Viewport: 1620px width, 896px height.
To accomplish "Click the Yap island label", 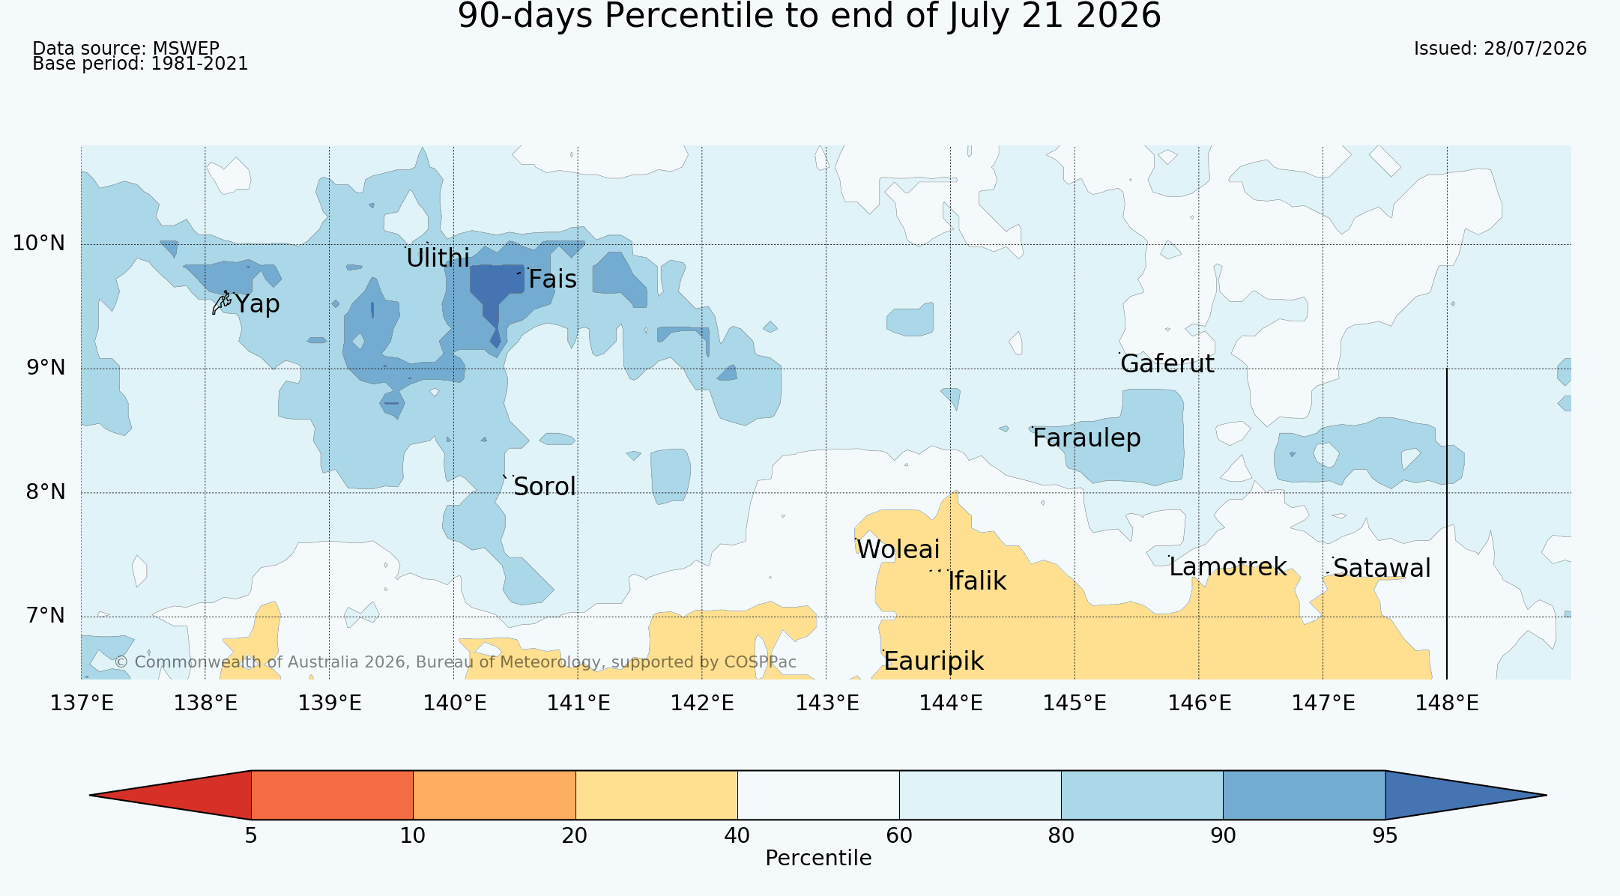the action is (x=257, y=304).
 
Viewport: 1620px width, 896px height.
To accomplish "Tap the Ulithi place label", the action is (x=438, y=258).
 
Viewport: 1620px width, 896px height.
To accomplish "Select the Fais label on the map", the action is (x=552, y=279).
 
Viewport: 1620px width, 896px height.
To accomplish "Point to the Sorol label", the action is (x=545, y=487).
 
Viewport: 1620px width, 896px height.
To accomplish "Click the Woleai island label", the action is (x=898, y=550).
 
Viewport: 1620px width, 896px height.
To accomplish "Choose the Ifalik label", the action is (x=977, y=581).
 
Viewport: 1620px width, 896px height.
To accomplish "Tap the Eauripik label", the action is (x=934, y=662).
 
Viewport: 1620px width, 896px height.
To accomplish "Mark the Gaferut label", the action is (x=1167, y=364).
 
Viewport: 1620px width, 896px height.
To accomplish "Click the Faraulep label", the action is (x=1086, y=438).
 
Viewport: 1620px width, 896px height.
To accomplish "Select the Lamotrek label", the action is (x=1228, y=567).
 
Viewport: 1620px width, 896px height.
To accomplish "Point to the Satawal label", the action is (x=1382, y=569).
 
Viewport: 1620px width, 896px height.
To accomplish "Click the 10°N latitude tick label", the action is (x=39, y=243).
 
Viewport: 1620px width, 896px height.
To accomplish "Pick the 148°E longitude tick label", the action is (x=1447, y=703).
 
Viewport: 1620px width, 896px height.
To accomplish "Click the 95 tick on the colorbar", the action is (x=1385, y=836).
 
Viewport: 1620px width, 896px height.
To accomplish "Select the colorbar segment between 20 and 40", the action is (x=656, y=795).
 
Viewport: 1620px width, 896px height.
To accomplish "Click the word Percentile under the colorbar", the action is (x=818, y=859).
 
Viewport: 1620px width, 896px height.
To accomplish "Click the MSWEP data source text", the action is (x=186, y=49).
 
